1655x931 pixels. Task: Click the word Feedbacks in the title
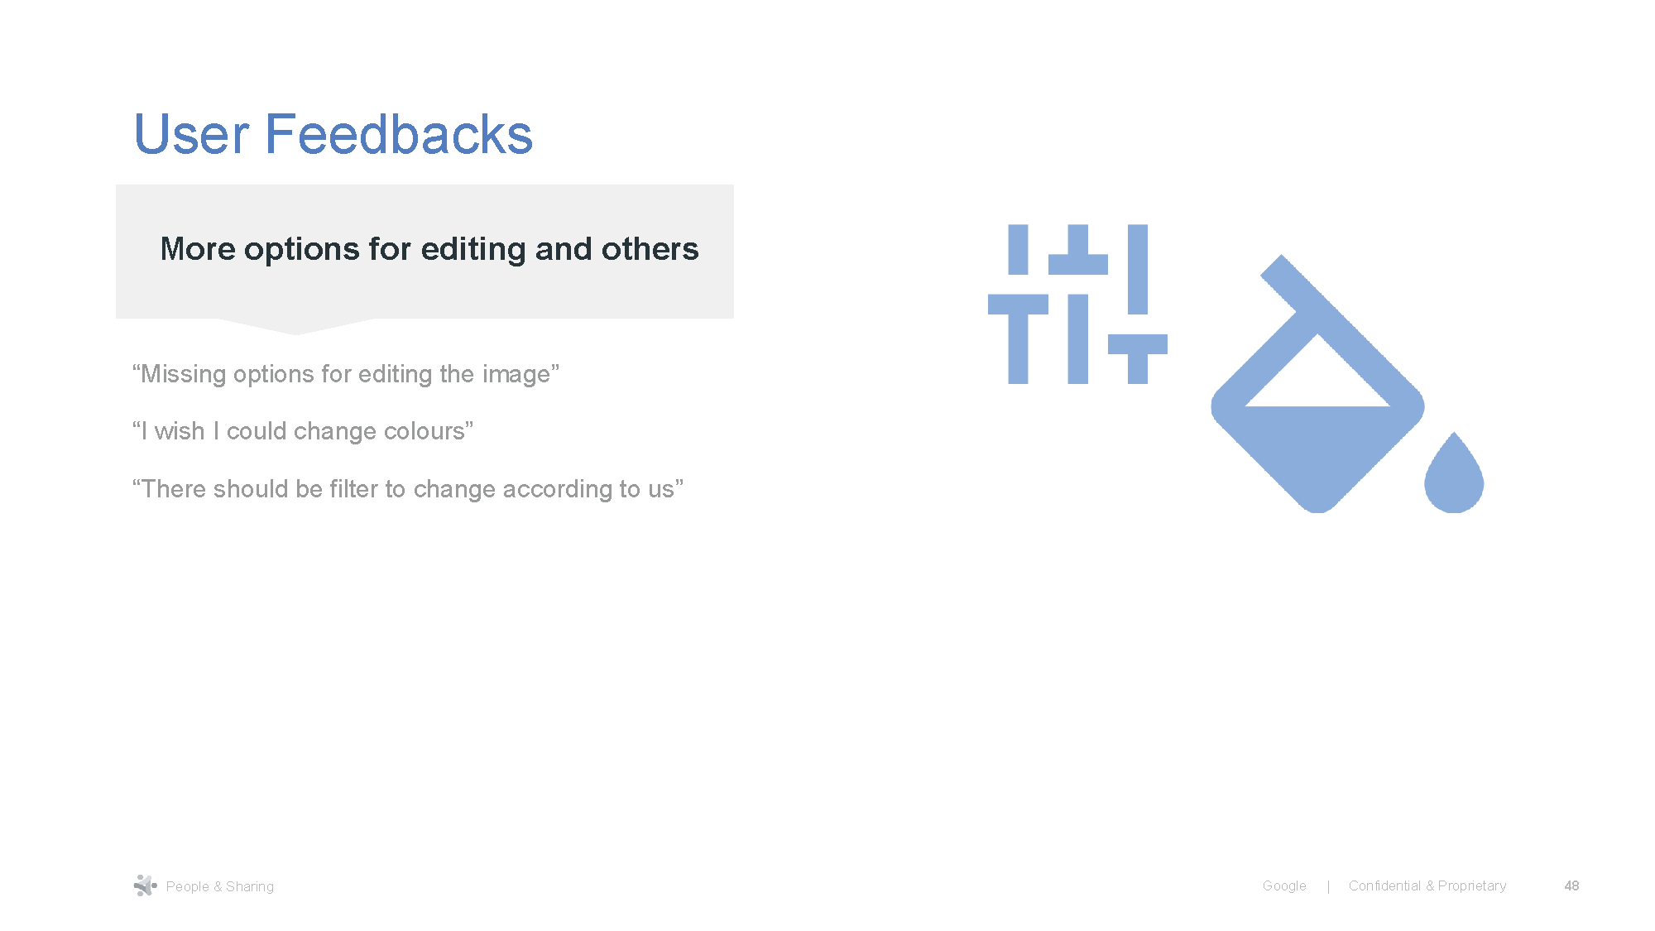pos(399,135)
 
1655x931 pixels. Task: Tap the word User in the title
pos(191,135)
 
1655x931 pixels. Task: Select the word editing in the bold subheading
pos(473,249)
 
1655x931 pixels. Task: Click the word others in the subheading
pos(650,249)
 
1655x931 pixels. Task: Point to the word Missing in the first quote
pos(183,374)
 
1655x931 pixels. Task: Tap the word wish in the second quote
pos(180,431)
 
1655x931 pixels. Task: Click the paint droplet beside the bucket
pos(1453,477)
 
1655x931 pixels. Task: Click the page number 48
pos(1571,885)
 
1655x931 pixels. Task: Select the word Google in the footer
pos(1284,885)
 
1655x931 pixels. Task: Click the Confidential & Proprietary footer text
pos(1427,885)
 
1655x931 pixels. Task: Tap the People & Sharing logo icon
pos(145,885)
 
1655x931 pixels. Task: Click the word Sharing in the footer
pos(250,886)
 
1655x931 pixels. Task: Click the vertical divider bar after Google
pos(1328,886)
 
